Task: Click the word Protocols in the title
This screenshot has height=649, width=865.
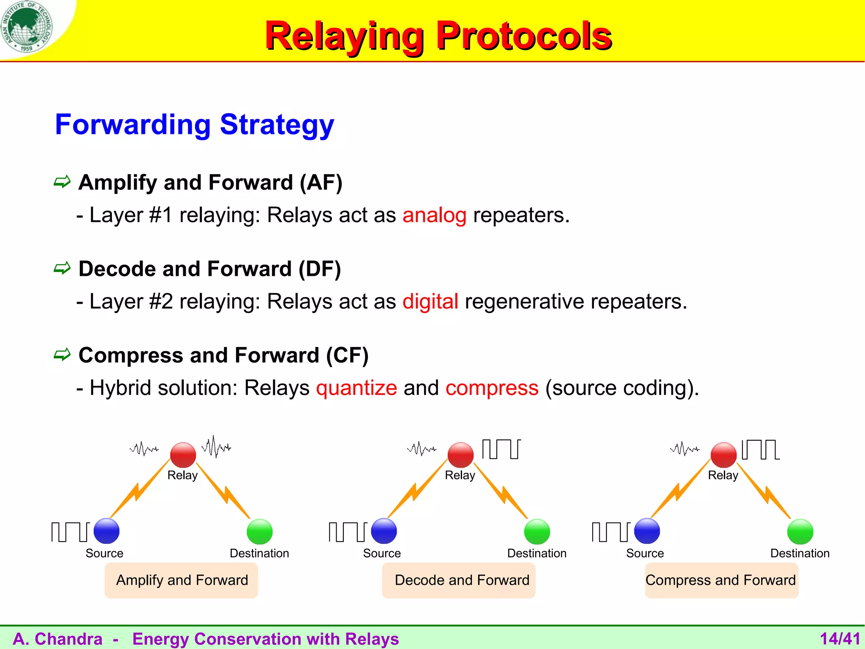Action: click(524, 36)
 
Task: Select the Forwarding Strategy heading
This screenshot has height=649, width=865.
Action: click(194, 125)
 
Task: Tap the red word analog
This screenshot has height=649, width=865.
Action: click(434, 215)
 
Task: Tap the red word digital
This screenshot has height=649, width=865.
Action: click(430, 302)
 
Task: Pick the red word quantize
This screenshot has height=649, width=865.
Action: click(356, 388)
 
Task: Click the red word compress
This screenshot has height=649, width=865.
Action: click(492, 388)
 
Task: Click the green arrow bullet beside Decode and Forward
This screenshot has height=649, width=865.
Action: click(62, 268)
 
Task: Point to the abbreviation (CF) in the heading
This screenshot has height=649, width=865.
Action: click(347, 355)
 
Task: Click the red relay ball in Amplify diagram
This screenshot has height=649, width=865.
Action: click(183, 455)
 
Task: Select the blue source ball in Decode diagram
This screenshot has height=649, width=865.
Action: click(384, 531)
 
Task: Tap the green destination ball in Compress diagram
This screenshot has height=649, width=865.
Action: click(800, 532)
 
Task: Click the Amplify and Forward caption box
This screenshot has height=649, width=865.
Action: click(182, 580)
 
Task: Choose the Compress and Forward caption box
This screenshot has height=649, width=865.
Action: click(721, 580)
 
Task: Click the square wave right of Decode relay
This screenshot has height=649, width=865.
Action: click(501, 449)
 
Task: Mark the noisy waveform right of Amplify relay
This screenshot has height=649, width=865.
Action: click(216, 447)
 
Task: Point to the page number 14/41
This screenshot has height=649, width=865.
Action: click(840, 638)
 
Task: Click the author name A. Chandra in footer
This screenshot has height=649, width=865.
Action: click(58, 639)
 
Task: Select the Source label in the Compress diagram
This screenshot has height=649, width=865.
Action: click(645, 554)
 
